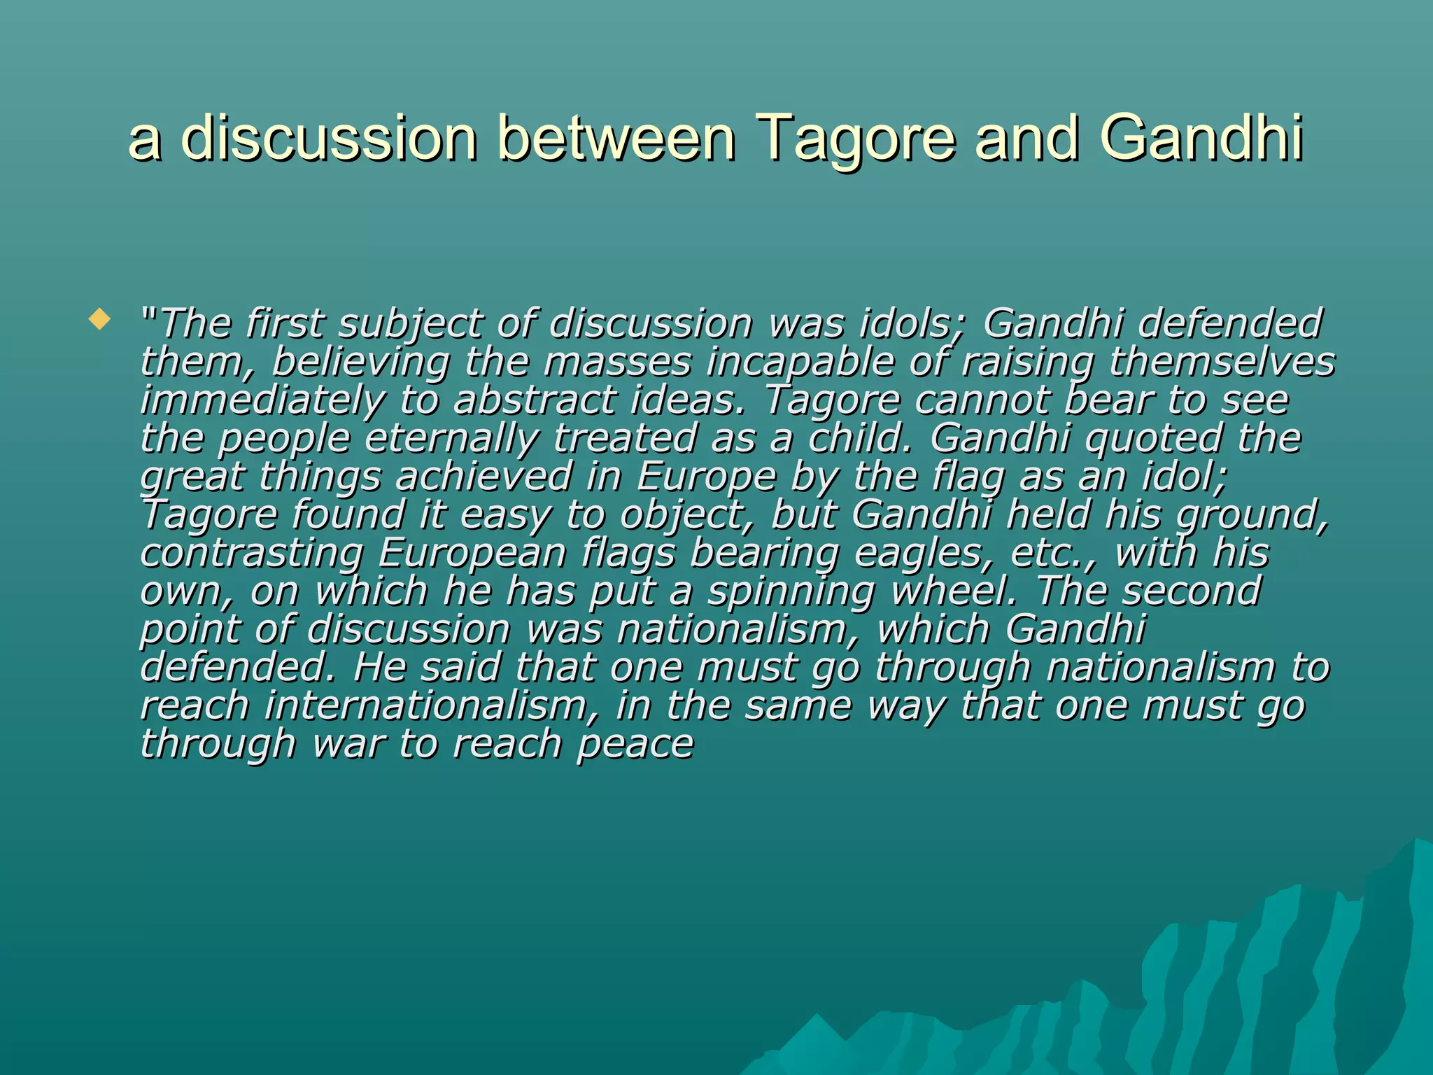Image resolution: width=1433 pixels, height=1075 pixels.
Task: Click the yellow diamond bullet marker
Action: coord(100,321)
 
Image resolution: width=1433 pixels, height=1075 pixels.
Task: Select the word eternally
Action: coord(452,440)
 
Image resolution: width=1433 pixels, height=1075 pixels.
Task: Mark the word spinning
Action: coord(791,592)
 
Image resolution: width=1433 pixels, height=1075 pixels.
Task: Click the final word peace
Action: coord(635,745)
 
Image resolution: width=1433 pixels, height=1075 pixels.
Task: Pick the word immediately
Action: coord(262,401)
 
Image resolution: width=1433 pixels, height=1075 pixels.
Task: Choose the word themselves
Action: coord(1222,363)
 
